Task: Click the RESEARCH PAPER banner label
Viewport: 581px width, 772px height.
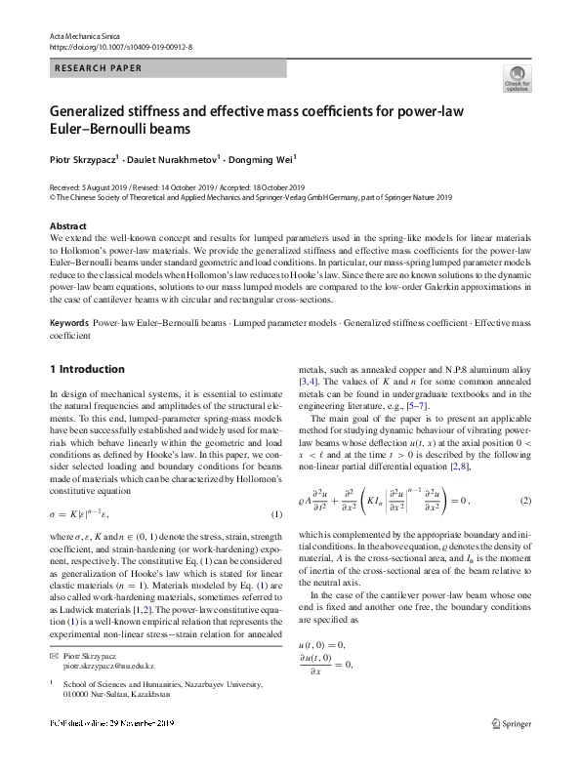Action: [98, 68]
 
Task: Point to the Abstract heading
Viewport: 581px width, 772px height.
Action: [67, 226]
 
